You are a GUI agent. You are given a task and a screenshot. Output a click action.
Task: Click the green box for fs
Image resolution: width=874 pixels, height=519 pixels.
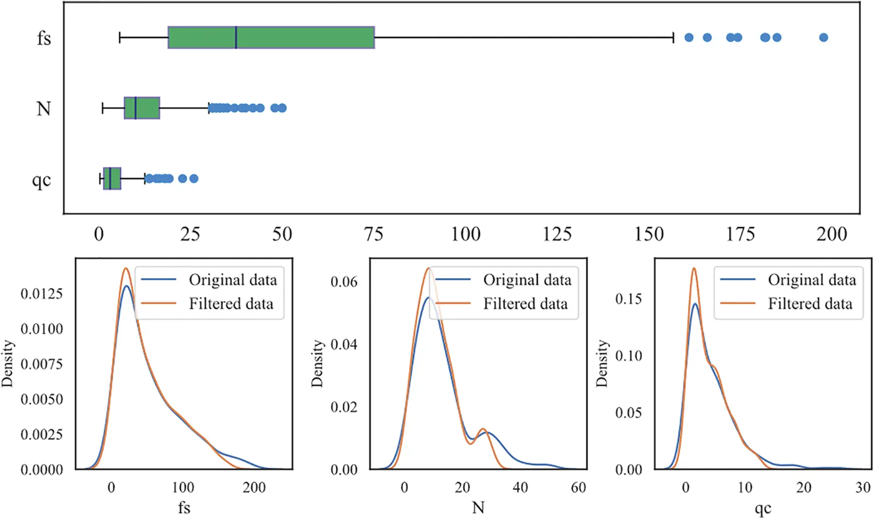tap(271, 38)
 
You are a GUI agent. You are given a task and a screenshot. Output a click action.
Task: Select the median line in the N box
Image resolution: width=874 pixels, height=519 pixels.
tap(135, 108)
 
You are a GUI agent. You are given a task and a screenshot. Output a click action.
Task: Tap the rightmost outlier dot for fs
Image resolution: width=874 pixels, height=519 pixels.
tap(824, 38)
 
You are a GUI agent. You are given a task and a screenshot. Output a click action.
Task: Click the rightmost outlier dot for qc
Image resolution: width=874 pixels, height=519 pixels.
tap(194, 179)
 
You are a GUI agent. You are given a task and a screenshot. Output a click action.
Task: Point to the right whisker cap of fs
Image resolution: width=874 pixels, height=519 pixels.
tap(673, 38)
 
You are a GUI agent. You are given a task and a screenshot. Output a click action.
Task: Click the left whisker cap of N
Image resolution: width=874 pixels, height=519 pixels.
tap(103, 108)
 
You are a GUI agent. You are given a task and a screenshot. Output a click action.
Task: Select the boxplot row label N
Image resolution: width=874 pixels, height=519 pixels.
tap(44, 108)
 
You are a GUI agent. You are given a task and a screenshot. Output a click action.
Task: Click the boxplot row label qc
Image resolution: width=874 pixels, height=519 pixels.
tap(42, 180)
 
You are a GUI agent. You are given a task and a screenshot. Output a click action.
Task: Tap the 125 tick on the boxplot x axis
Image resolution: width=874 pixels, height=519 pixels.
tap(557, 234)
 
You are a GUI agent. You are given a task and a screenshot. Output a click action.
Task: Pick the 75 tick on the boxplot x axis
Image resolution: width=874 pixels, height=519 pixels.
tap(374, 234)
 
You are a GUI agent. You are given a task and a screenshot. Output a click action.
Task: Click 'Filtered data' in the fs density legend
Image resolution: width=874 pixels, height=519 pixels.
tap(231, 304)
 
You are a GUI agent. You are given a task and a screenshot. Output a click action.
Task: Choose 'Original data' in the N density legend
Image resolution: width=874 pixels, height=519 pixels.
tap(527, 280)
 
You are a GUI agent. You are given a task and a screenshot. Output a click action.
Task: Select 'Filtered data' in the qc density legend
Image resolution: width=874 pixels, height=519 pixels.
tap(810, 304)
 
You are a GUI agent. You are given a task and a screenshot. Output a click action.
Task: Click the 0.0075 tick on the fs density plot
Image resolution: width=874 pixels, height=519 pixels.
tap(42, 364)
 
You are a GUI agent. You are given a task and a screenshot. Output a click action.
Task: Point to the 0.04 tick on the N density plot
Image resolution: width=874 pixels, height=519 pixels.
tap(343, 344)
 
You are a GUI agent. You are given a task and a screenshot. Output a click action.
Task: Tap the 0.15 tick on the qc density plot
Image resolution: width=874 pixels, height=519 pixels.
tap(628, 299)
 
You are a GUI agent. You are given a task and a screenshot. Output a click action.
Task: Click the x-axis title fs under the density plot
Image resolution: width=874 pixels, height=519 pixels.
tap(184, 508)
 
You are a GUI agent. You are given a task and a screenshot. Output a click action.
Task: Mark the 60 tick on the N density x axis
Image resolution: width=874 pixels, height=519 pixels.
tap(578, 487)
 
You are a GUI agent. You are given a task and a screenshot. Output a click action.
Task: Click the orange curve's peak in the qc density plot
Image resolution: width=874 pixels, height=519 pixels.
tap(694, 268)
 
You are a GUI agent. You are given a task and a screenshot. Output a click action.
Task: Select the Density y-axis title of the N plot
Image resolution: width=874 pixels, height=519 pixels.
tap(317, 363)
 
